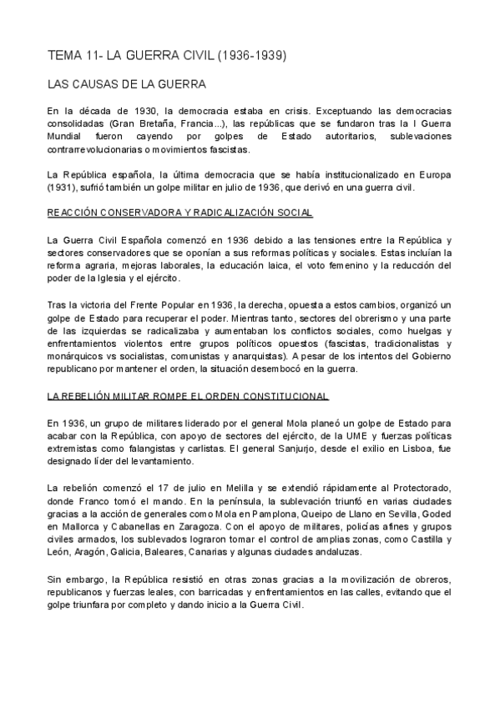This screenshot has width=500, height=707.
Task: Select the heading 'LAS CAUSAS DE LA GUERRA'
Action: tap(128, 84)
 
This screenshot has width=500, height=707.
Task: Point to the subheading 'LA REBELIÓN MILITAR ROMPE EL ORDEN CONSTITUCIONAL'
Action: tap(188, 396)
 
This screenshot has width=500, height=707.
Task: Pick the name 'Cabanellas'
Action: tap(131, 528)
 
